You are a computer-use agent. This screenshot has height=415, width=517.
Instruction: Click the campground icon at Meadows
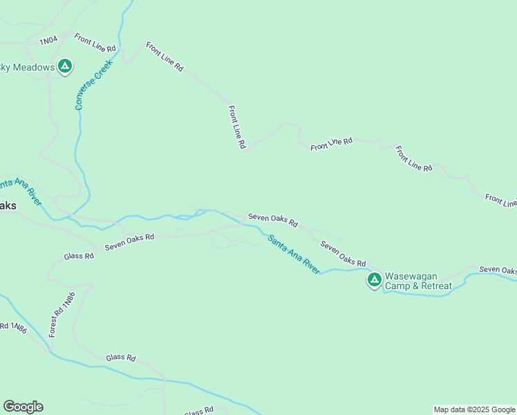click(65, 66)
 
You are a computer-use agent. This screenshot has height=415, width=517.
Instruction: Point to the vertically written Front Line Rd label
click(237, 127)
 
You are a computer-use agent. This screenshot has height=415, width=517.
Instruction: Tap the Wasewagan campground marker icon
click(374, 279)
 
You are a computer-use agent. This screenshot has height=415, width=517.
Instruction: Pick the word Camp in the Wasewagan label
click(397, 286)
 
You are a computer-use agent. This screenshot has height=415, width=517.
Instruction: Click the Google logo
click(23, 407)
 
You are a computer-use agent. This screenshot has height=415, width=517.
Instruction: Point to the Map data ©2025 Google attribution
click(474, 409)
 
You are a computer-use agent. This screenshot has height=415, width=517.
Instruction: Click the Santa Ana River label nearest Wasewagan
click(294, 255)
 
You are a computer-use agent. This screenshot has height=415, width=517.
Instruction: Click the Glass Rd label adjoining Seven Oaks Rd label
click(78, 256)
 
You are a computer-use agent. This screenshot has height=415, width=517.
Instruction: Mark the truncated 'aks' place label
click(8, 206)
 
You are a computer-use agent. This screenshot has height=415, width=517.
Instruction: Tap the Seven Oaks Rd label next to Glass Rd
click(129, 241)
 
